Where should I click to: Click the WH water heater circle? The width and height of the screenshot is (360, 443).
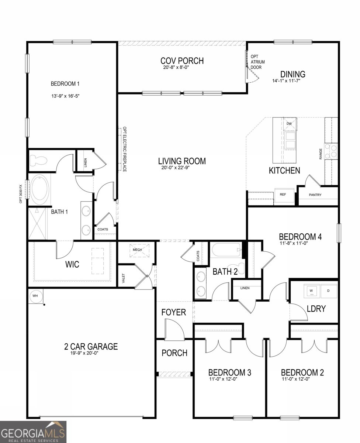(x=35, y=296)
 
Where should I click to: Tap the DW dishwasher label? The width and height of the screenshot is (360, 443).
(x=289, y=124)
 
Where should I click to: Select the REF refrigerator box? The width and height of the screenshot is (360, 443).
(x=284, y=196)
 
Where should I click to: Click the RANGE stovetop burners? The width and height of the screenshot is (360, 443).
(x=331, y=151)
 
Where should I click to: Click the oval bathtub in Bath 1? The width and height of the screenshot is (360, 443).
(x=39, y=189)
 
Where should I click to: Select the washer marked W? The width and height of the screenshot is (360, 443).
(x=311, y=291)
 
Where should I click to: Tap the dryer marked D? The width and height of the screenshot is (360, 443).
(x=328, y=291)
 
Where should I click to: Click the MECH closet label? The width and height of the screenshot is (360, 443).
(x=137, y=250)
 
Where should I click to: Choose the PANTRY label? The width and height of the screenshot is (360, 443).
(x=315, y=195)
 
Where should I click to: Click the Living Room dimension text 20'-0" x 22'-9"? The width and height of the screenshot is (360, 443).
(x=176, y=168)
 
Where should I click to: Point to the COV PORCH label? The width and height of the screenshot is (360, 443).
(x=182, y=61)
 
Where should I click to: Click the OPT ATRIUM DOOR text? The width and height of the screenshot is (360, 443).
(x=257, y=62)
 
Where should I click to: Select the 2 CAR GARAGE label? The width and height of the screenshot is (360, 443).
(x=91, y=347)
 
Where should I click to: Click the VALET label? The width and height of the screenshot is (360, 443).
(x=124, y=278)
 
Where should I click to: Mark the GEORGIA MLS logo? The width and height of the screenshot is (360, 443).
(x=33, y=432)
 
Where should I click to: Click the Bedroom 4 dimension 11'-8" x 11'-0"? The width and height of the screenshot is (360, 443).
(x=294, y=243)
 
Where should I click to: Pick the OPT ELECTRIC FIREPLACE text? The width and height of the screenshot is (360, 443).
(x=124, y=149)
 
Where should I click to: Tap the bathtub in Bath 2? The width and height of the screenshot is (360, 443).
(x=227, y=250)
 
